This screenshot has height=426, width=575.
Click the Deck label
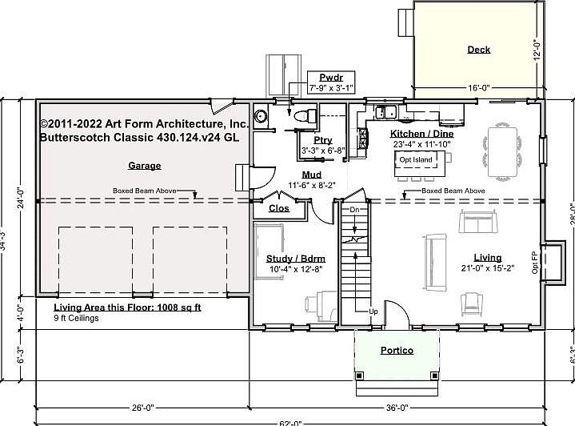tap(479, 50)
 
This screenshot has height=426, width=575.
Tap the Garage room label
tap(144, 166)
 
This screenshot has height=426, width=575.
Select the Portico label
tap(397, 350)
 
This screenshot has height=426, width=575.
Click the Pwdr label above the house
tap(330, 75)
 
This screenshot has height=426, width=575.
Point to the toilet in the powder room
tap(301, 117)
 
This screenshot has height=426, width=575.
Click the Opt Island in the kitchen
tap(416, 160)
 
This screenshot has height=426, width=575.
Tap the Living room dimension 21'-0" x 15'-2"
tap(488, 268)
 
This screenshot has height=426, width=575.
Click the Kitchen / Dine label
tap(421, 134)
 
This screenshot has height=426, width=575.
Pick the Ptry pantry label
tap(322, 140)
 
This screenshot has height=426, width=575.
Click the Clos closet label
tap(279, 208)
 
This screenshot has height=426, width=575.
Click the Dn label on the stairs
tap(356, 210)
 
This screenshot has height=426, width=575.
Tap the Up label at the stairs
tap(373, 311)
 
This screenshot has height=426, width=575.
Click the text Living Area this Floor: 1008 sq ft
tap(127, 307)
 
